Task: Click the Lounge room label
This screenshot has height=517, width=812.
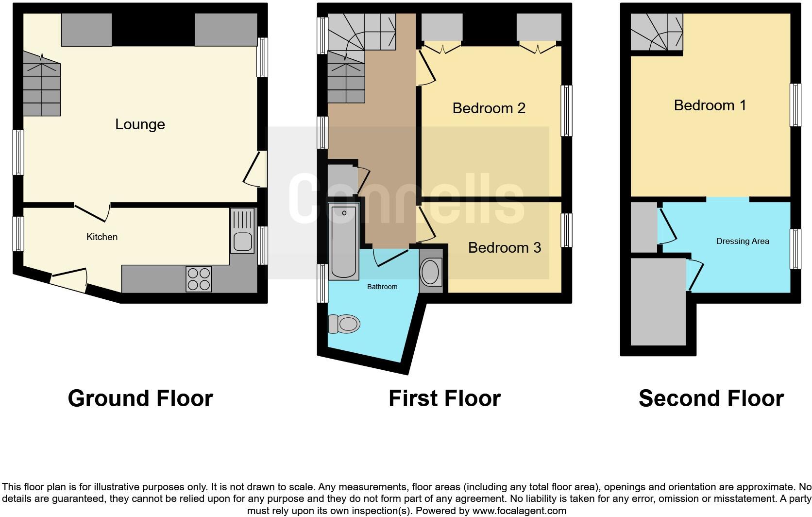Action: [140, 124]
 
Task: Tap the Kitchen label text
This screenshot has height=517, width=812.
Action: [102, 237]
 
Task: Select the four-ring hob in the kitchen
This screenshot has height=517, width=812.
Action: [199, 279]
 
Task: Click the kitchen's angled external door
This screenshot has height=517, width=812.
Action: [69, 280]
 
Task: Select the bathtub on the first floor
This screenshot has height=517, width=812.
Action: [343, 242]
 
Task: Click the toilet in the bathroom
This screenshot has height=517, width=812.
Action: [344, 324]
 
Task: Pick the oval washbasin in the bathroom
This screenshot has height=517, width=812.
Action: [430, 273]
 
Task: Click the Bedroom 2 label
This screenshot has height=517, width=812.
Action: [489, 108]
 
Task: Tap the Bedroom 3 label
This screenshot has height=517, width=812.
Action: [504, 247]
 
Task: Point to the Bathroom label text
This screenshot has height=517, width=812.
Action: [382, 287]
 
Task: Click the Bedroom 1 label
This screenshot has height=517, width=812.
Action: [710, 105]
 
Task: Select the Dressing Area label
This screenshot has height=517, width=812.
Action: [743, 241]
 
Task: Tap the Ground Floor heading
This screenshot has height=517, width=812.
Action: [140, 398]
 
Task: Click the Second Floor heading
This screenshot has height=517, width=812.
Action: [710, 398]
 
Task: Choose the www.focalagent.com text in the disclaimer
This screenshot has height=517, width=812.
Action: [519, 511]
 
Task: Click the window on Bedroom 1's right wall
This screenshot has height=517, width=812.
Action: [795, 105]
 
